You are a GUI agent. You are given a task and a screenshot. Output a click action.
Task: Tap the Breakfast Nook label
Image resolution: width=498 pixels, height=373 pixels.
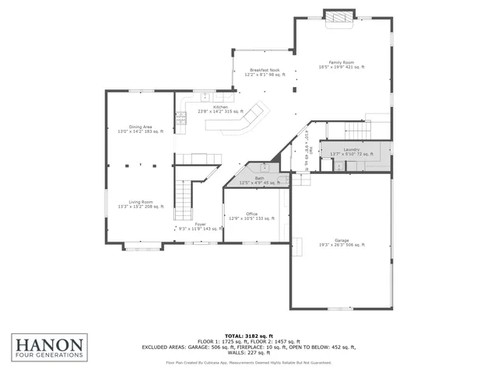[x=265, y=72]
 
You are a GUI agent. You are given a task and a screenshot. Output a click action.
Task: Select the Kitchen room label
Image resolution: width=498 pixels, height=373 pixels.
[x=220, y=109]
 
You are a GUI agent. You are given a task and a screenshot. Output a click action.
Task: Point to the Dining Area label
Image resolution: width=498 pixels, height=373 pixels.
[x=140, y=130]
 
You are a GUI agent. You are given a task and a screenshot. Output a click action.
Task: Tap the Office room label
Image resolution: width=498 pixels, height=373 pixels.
[x=251, y=216]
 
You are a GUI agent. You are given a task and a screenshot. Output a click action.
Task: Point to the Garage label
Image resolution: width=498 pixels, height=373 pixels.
[x=341, y=242]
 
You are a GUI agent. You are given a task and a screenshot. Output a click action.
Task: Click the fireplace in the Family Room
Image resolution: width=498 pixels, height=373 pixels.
[x=338, y=16]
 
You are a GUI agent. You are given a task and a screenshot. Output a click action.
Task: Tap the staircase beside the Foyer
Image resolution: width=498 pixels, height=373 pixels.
[x=182, y=199]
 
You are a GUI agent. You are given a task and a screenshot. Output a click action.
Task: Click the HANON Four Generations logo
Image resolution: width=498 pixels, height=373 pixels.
[x=47, y=344]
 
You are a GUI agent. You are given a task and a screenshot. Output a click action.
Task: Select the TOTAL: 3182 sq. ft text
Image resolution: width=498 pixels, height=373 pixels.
[x=249, y=335]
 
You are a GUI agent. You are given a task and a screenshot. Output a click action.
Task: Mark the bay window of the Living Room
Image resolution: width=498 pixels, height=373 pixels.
[x=141, y=248]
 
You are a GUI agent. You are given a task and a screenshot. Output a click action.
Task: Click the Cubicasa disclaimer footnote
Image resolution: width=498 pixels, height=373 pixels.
[x=249, y=362]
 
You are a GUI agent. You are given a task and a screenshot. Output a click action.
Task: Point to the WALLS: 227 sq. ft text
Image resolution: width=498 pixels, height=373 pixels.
[x=249, y=354]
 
